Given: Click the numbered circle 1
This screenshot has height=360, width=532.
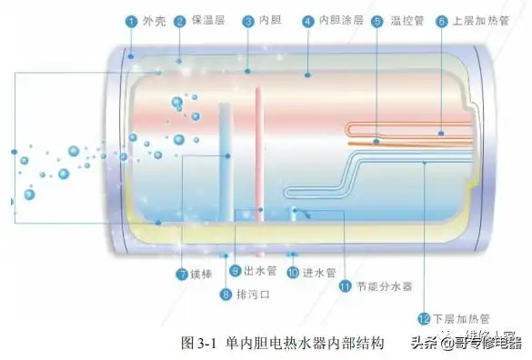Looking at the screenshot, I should pyautogui.click(x=131, y=20).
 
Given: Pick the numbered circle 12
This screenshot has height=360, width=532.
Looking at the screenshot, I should pyautogui.click(x=423, y=318).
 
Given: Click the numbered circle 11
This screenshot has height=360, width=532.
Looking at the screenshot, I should pyautogui.click(x=346, y=285).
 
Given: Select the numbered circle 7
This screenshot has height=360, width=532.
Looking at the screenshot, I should pyautogui.click(x=182, y=273).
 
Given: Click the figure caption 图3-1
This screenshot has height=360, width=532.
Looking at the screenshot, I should pyautogui.click(x=196, y=344).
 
